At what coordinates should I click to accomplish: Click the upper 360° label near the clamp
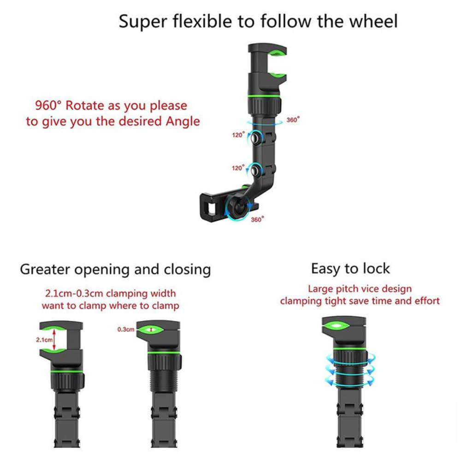tap(293, 120)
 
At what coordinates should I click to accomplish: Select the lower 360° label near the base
tap(257, 219)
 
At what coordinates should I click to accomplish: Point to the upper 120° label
tap(238, 136)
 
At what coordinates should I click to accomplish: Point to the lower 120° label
tap(238, 168)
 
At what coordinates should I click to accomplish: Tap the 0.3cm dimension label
tap(125, 330)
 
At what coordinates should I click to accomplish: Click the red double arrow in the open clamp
tap(55, 339)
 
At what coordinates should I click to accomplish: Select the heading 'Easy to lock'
tap(350, 269)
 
